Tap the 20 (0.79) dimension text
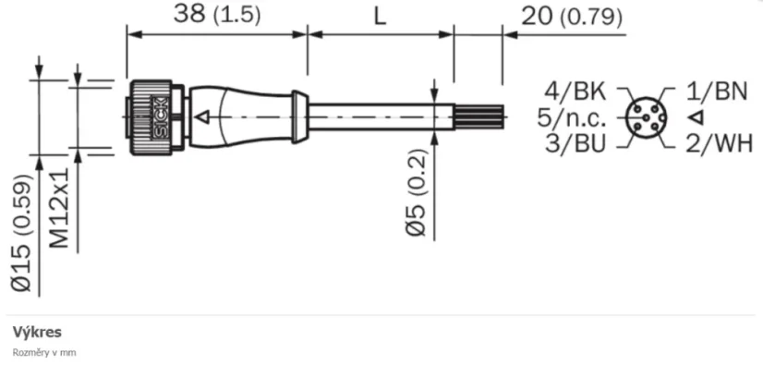(571, 16)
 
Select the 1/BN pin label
(717, 91)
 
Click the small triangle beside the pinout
(696, 116)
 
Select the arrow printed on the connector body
(204, 117)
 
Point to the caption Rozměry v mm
(43, 352)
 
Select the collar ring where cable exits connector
(299, 116)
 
